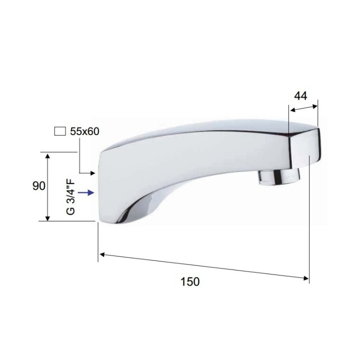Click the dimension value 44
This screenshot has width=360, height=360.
[300, 96]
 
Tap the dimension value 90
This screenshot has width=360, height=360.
[39, 186]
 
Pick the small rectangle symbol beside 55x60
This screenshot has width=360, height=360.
[60, 131]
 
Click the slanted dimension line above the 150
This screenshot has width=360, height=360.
[200, 266]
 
